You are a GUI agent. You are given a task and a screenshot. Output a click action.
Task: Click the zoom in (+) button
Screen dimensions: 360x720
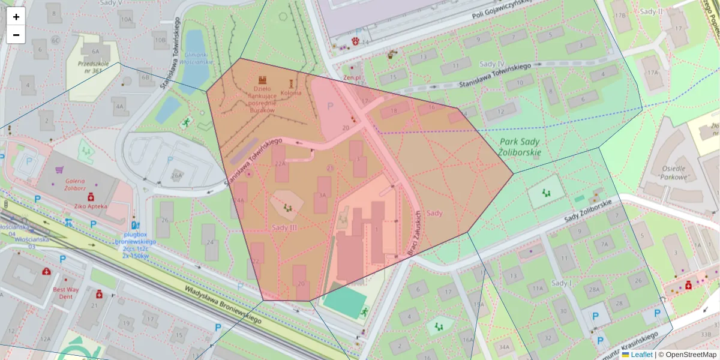[16, 17]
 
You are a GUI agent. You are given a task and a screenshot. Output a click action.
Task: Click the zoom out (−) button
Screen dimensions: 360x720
[16, 35]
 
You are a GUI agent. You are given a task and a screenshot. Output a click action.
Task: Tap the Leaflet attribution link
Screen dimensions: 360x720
[641, 355]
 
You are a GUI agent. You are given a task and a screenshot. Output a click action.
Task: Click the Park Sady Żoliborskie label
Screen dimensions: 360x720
[520, 147]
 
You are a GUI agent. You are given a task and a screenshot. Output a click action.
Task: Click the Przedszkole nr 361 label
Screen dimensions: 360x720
[87, 66]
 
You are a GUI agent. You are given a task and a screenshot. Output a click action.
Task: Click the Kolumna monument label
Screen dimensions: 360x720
[291, 93]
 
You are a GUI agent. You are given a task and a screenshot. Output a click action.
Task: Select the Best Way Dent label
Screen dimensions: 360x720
[65, 293]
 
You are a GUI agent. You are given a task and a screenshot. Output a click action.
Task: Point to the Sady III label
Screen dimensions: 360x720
[284, 227]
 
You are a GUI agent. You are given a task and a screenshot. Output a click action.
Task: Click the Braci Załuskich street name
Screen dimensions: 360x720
[414, 234]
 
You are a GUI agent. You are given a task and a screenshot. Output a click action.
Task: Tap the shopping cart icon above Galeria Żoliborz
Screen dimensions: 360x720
[59, 170]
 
